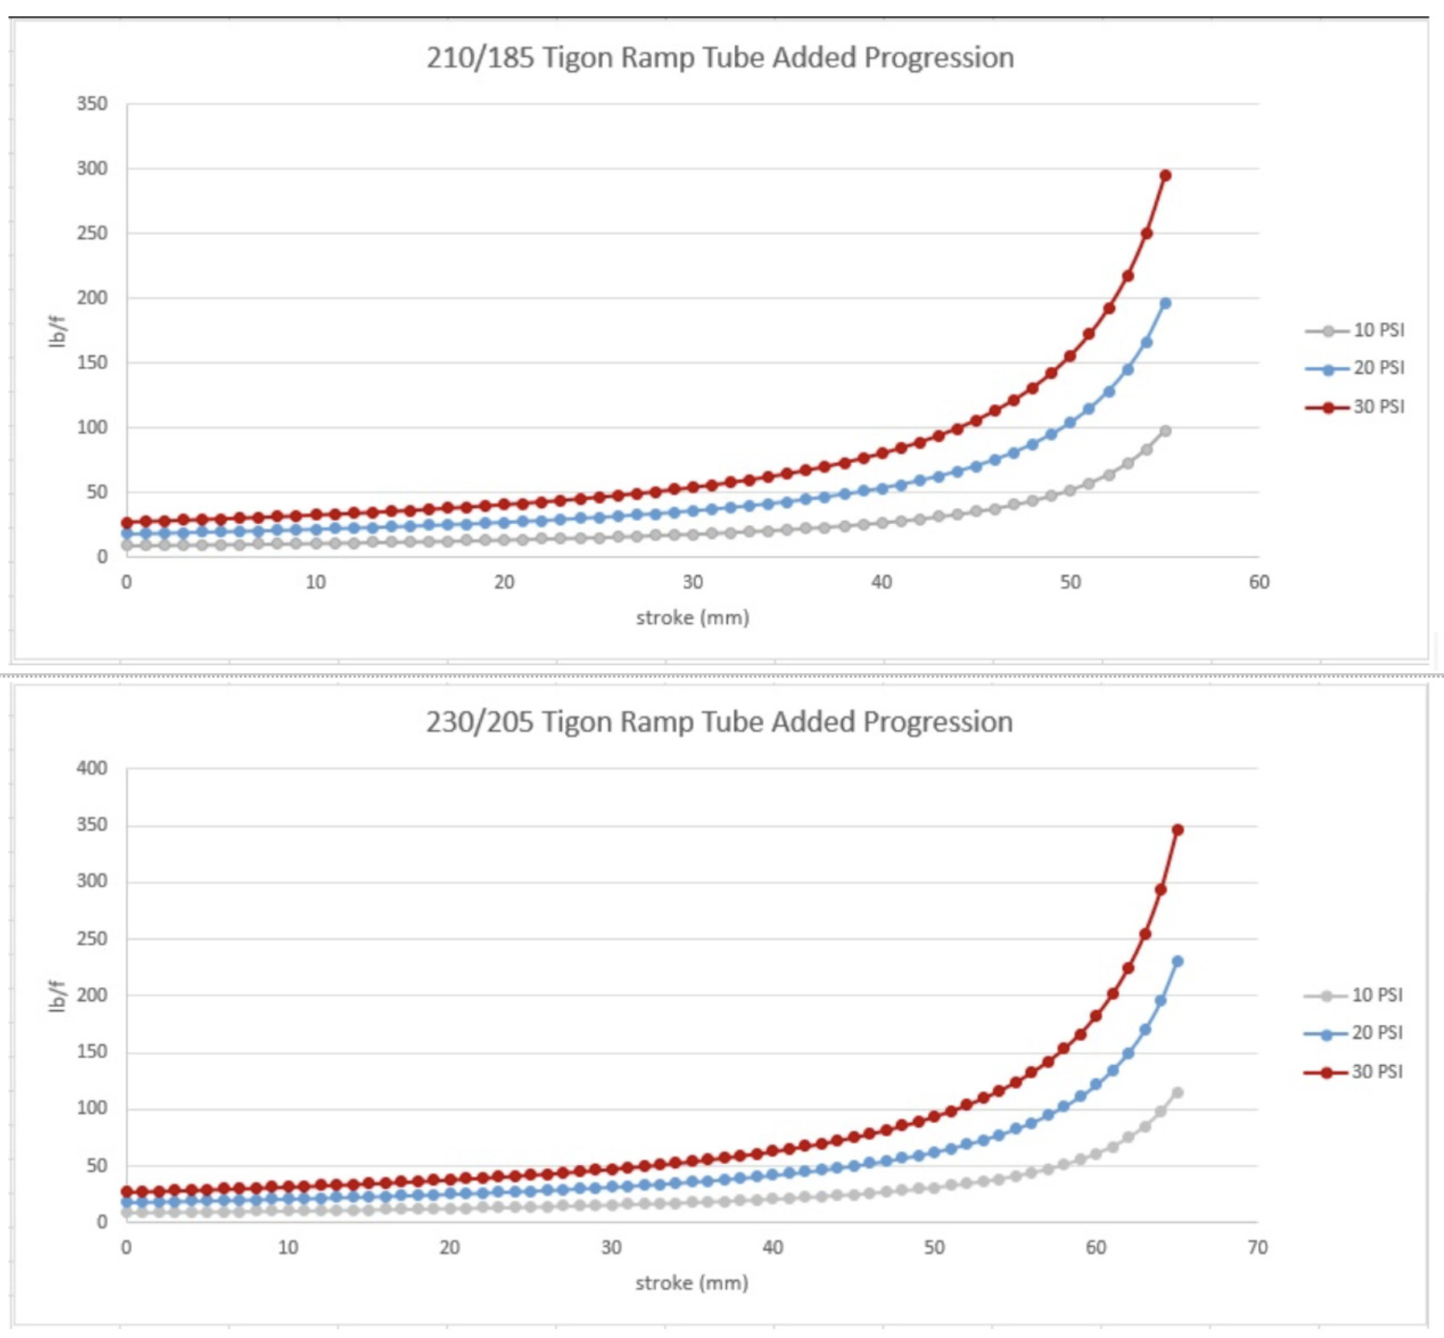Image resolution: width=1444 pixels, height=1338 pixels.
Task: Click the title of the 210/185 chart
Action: [720, 58]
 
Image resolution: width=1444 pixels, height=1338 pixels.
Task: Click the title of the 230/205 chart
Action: [719, 722]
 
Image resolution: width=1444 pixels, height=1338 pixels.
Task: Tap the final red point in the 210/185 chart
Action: [1165, 176]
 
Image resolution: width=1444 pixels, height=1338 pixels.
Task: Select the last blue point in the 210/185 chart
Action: [1165, 304]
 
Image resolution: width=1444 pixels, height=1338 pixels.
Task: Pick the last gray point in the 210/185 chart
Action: [1165, 432]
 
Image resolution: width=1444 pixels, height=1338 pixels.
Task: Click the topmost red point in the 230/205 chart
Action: [1178, 830]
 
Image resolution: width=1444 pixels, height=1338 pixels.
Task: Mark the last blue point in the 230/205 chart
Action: [1178, 961]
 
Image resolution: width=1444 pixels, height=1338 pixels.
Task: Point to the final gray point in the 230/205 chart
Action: [1178, 1092]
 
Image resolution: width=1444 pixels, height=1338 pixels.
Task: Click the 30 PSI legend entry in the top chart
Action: [1378, 407]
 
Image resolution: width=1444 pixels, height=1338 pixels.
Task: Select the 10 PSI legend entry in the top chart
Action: [1378, 330]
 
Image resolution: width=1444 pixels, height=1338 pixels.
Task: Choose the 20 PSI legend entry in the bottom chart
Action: [1376, 1033]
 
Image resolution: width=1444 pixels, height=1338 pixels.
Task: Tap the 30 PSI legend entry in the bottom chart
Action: [1376, 1072]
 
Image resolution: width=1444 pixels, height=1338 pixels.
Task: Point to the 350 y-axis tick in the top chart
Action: [92, 104]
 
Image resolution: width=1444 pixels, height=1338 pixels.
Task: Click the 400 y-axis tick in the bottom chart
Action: [92, 768]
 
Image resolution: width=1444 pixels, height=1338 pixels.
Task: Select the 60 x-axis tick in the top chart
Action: [1259, 582]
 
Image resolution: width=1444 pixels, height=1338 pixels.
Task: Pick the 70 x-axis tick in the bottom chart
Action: [1257, 1247]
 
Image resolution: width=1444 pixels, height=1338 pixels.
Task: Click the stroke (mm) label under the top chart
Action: [692, 617]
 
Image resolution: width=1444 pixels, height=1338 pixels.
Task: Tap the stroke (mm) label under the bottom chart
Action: [691, 1282]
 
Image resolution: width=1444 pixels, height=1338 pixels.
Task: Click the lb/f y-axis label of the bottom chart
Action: [56, 996]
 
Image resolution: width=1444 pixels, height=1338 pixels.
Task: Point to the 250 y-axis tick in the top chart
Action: [92, 233]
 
